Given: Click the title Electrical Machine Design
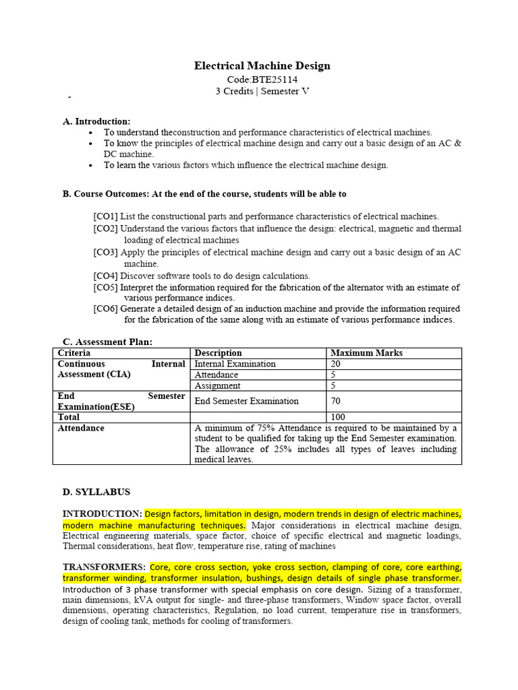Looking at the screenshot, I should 262,65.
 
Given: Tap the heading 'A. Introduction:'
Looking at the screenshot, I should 96,121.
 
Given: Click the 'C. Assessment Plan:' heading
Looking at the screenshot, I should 107,342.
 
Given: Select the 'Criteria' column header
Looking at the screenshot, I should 74,353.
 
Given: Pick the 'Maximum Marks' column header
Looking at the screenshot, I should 366,353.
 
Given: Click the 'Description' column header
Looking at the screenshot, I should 218,353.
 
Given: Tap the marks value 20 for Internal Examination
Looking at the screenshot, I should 335,364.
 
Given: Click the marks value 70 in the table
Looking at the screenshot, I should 335,401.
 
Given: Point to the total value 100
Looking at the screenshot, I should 337,417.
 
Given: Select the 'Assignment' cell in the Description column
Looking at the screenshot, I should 217,385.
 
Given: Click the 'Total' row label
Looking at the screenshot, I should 69,417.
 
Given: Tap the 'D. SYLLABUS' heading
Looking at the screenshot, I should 96,492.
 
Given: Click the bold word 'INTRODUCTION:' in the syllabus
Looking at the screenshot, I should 102,513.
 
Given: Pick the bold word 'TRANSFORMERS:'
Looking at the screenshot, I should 105,567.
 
